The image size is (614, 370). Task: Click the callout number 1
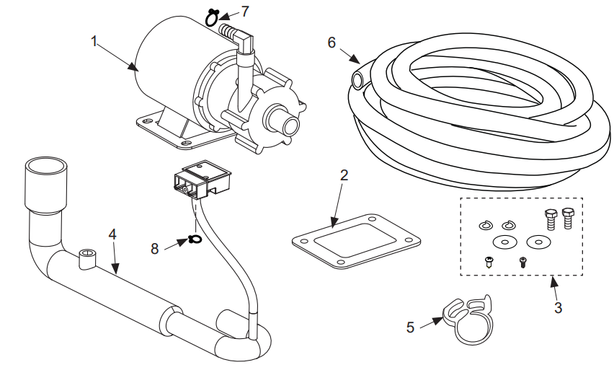(x=94, y=40)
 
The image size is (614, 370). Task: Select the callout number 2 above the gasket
(x=344, y=175)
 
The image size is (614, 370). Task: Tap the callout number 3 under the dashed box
(x=558, y=307)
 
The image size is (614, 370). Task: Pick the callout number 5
(x=411, y=327)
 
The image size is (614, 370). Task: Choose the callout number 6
(x=332, y=43)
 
